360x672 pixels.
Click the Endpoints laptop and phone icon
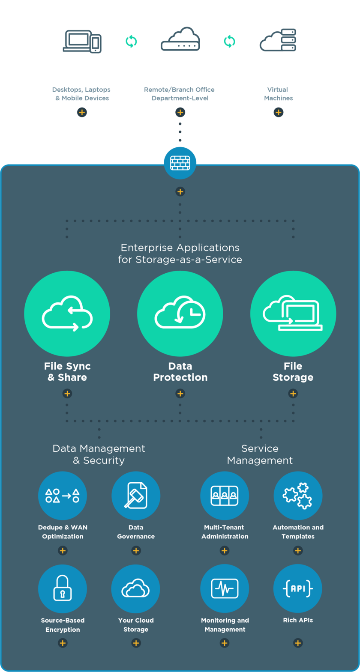pos(82,41)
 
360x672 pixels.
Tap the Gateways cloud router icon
pos(180,41)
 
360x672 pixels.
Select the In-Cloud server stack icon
pos(279,41)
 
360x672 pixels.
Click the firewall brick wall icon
pos(180,163)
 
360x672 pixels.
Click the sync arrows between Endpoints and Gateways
pos(131,42)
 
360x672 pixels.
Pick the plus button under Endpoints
pos(82,113)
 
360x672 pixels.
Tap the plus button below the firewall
pos(180,191)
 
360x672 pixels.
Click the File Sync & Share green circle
pos(67,314)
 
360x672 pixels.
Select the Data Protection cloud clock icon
pos(180,314)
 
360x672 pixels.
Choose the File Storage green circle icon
pos(293,314)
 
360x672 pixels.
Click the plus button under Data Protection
pos(180,394)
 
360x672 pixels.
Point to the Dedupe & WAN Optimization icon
pos(63,496)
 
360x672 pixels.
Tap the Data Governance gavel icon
pos(136,496)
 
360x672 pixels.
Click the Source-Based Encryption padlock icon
pos(63,588)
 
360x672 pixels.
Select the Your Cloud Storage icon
pos(136,588)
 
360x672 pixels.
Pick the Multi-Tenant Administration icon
pos(225,496)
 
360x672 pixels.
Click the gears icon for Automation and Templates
pos(298,496)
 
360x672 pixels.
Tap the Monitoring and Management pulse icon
pos(225,588)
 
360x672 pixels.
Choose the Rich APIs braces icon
pos(298,588)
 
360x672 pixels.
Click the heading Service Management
pos(260,454)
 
